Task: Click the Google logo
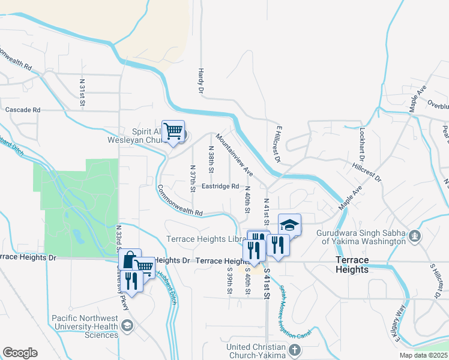click(20, 353)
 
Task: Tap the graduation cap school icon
click(289, 225)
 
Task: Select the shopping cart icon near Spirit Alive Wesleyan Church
click(173, 130)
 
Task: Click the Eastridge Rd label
click(220, 186)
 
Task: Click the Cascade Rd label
click(23, 110)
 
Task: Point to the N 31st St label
click(82, 93)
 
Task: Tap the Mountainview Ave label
click(235, 155)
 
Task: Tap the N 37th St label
click(192, 179)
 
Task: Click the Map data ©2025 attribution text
click(423, 355)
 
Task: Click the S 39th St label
click(229, 281)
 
